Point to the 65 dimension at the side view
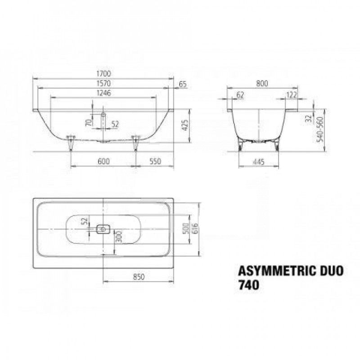(x=183, y=84)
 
